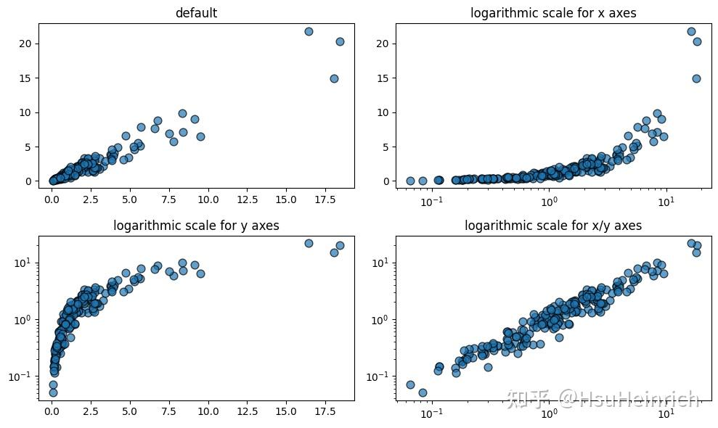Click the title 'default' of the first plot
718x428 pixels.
[197, 13]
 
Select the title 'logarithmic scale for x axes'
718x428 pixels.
[553, 13]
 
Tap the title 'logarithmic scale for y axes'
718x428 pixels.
[196, 226]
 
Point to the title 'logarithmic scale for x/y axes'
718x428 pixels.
[553, 226]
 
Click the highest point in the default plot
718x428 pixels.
[309, 32]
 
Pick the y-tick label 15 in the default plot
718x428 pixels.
[26, 78]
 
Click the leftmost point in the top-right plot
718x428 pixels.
[410, 181]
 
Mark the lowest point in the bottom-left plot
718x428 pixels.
[53, 392]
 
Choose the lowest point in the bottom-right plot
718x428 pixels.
[423, 392]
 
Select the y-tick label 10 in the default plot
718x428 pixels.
[26, 112]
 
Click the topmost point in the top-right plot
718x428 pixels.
[691, 32]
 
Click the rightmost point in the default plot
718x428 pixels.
[340, 41]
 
